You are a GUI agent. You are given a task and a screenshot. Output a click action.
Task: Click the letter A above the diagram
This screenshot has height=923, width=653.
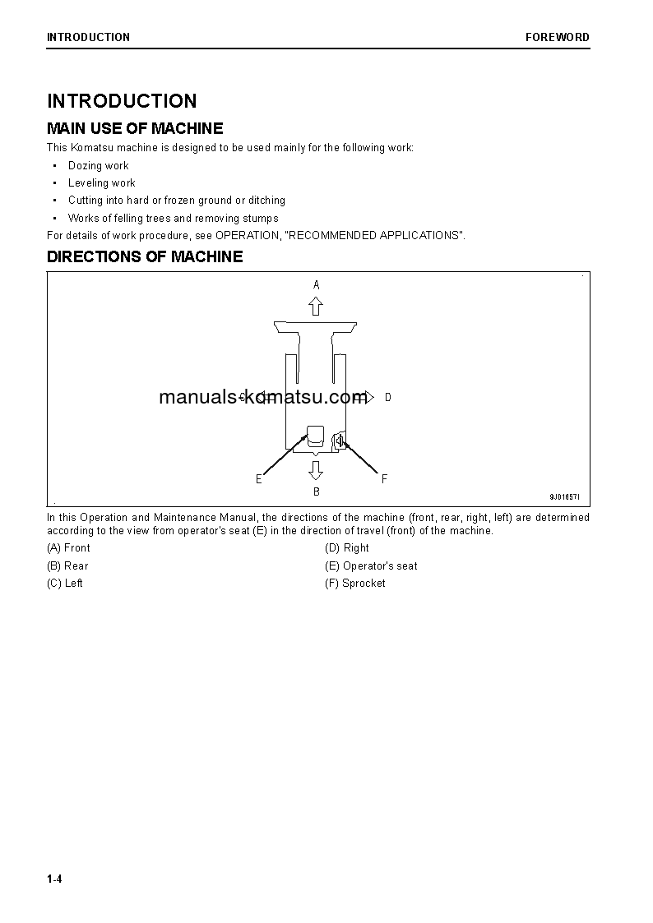click(x=316, y=284)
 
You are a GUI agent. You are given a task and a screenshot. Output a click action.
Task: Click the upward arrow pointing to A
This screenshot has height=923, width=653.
click(x=316, y=307)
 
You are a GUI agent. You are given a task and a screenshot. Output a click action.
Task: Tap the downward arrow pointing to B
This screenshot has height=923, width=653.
click(x=316, y=470)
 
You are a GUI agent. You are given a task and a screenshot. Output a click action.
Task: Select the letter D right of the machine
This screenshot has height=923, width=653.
click(x=387, y=398)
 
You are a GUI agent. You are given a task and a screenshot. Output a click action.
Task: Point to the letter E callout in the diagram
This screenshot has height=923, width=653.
click(x=258, y=479)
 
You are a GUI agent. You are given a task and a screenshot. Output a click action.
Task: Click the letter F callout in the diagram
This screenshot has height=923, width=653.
click(x=384, y=479)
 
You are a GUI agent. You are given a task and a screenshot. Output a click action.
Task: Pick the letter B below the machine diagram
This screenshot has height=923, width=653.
click(x=316, y=491)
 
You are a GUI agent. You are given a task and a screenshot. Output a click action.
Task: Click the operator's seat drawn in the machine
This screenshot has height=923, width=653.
click(x=316, y=436)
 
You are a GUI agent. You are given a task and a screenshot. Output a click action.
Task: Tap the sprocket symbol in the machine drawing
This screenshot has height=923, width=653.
click(x=340, y=441)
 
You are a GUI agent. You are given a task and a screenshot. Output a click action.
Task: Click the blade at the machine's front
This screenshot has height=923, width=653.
click(x=316, y=328)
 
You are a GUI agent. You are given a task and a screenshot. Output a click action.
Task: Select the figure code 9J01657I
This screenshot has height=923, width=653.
click(x=565, y=497)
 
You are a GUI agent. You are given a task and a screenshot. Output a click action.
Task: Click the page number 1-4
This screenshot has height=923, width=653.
click(x=54, y=879)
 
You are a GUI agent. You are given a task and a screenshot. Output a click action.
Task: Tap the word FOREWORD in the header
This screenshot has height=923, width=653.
click(x=558, y=37)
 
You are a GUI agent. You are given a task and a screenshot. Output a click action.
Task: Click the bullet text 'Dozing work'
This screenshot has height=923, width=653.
click(x=98, y=165)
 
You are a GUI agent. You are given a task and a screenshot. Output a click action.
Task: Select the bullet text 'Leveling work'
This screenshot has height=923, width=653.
click(x=101, y=182)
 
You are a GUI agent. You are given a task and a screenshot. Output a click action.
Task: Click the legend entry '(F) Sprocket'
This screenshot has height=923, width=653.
click(x=354, y=583)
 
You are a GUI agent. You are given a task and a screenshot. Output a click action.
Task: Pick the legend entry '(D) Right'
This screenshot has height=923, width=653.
click(x=346, y=547)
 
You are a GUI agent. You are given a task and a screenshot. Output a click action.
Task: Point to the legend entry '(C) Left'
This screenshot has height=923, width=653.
click(x=65, y=583)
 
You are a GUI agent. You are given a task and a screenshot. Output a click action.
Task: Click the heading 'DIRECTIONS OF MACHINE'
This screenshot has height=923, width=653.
click(x=145, y=256)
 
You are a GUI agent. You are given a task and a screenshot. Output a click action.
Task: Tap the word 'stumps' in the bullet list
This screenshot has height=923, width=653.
click(x=261, y=218)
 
